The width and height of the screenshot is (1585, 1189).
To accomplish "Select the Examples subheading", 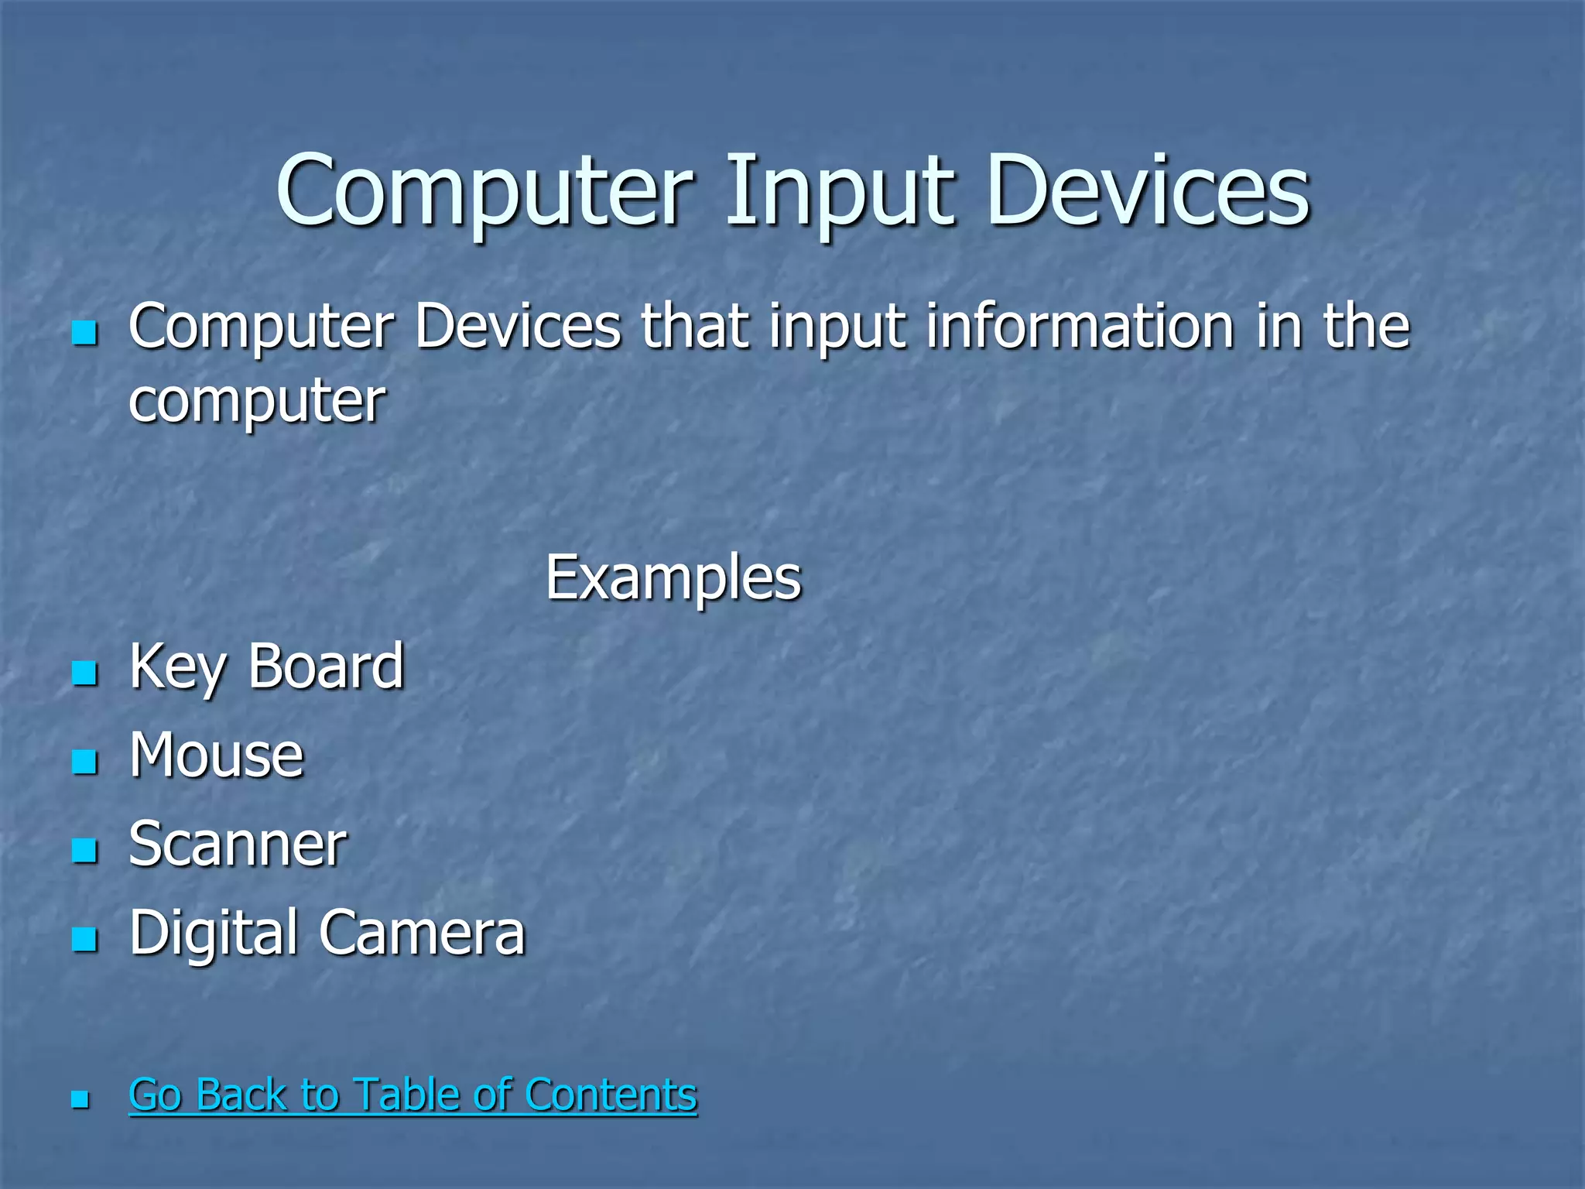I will click(673, 578).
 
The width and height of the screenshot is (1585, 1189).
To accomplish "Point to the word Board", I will click(326, 667).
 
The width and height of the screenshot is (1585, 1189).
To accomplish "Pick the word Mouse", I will click(217, 756).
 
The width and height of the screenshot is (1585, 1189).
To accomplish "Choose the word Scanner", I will click(238, 845).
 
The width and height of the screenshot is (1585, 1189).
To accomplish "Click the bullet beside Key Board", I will click(84, 673).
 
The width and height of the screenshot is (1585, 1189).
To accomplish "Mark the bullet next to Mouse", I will click(84, 762).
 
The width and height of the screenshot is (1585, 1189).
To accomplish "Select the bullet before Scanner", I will click(84, 850).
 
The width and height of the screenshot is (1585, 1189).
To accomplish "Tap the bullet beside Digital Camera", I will click(84, 939).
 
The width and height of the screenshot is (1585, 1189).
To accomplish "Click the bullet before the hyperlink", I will click(80, 1099).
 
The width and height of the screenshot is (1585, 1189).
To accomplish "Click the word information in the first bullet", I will click(1080, 327).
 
